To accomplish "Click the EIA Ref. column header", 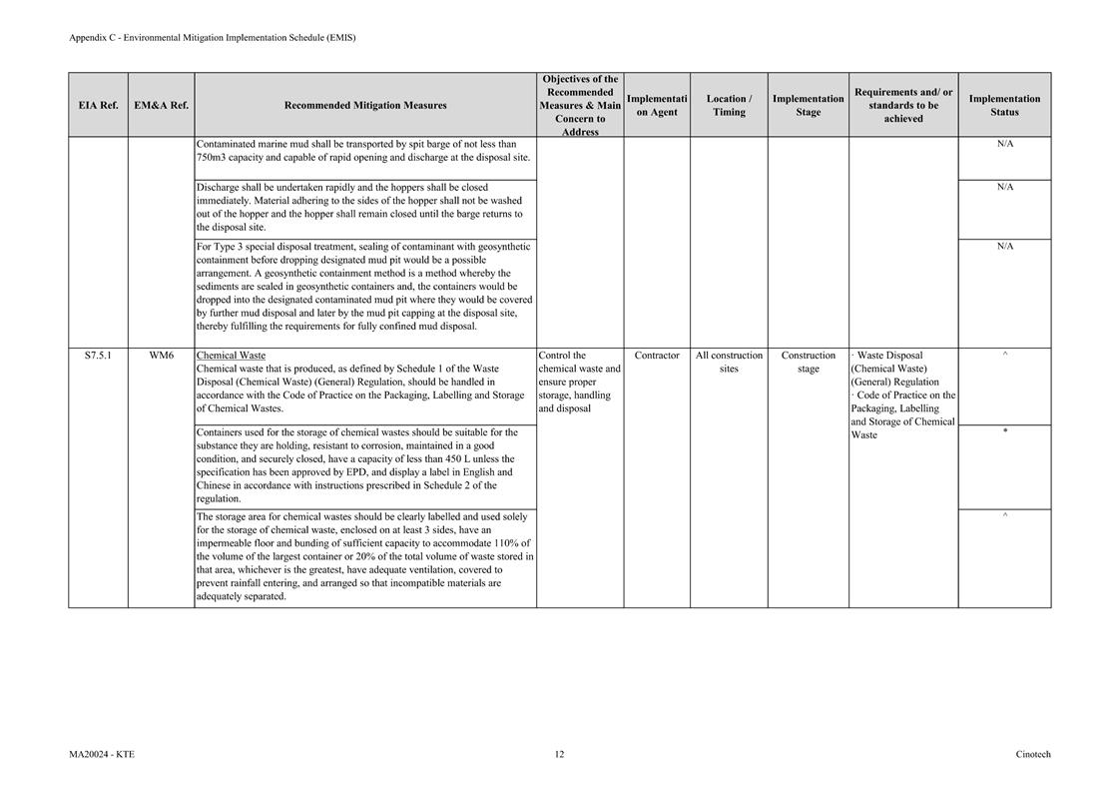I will click(x=98, y=105).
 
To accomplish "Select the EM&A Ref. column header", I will click(x=161, y=105).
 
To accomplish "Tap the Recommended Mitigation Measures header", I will click(x=365, y=105).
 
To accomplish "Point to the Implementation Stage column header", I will click(x=808, y=105).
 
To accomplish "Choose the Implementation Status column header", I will click(x=1004, y=105).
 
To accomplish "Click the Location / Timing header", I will click(x=729, y=105).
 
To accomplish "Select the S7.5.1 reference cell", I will click(x=98, y=356).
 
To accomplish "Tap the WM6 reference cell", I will click(x=161, y=356).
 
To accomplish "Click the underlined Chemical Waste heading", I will click(x=231, y=356).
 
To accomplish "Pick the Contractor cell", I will click(x=657, y=356).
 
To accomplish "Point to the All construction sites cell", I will click(x=729, y=362).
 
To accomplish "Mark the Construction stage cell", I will click(x=808, y=362).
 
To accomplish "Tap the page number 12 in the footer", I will click(x=559, y=754).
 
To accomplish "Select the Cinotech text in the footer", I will click(x=1033, y=754).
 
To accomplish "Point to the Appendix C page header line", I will click(x=212, y=38).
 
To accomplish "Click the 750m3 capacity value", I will click(x=212, y=157).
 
